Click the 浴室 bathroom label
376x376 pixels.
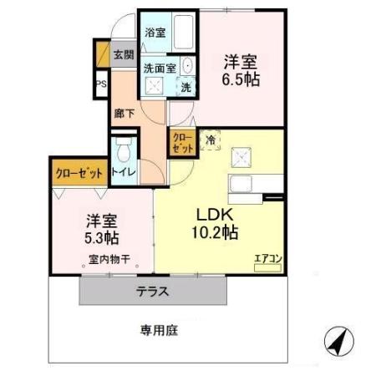155,33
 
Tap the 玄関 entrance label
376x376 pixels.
123,55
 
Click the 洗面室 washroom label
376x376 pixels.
158,69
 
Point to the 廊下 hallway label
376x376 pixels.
123,112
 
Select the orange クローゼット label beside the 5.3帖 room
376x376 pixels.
79,173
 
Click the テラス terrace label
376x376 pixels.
154,292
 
